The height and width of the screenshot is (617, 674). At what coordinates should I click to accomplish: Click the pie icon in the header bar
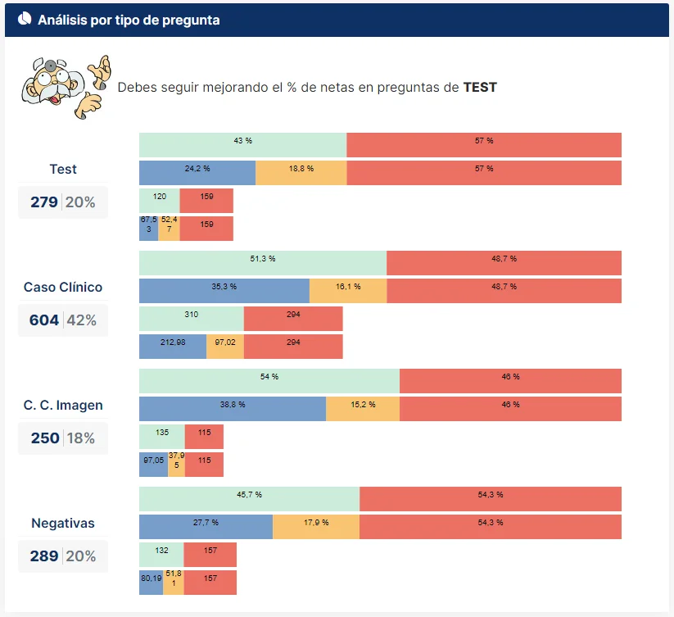point(25,20)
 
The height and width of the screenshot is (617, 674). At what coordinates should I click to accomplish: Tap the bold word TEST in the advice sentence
point(480,87)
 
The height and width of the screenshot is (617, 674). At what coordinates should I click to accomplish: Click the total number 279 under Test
point(44,202)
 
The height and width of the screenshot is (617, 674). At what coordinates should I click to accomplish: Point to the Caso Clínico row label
point(63,288)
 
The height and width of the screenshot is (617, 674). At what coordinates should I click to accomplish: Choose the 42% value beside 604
point(82,320)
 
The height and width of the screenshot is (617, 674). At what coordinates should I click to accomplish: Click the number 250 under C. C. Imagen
point(45,438)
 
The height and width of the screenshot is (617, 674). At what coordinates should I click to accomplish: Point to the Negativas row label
point(63,523)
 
